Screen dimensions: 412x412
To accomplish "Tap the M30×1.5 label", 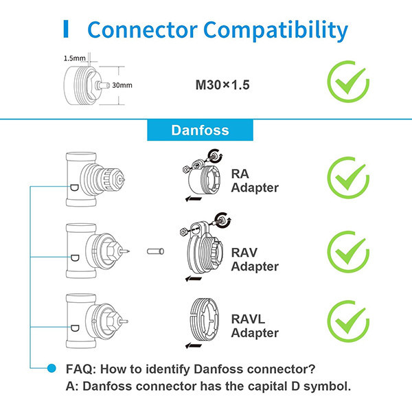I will (222, 87).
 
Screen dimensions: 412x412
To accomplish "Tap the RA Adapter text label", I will (254, 181).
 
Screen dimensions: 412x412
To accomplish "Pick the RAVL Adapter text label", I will (254, 326).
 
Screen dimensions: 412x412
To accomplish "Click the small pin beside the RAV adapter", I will (156, 251).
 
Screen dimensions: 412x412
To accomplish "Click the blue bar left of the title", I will (66, 30).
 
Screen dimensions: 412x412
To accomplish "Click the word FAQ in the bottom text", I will (81, 369).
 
